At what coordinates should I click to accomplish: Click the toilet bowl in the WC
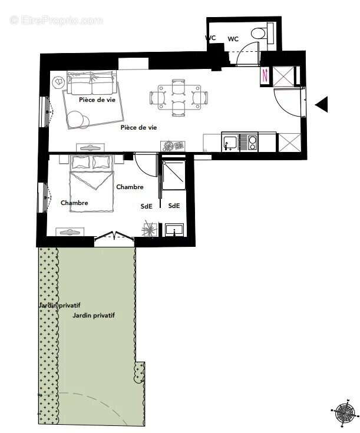[x=259, y=33]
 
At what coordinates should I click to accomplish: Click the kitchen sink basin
[x=230, y=142]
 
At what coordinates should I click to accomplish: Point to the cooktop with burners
[x=249, y=142]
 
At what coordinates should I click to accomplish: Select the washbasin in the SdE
[x=174, y=229]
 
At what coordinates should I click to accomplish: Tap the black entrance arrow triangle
[x=322, y=105]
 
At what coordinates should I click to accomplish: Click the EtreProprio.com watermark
[x=56, y=21]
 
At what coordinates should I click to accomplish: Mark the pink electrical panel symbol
[x=265, y=75]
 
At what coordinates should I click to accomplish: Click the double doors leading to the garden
[x=114, y=237]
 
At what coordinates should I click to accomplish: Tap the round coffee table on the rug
[x=77, y=120]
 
